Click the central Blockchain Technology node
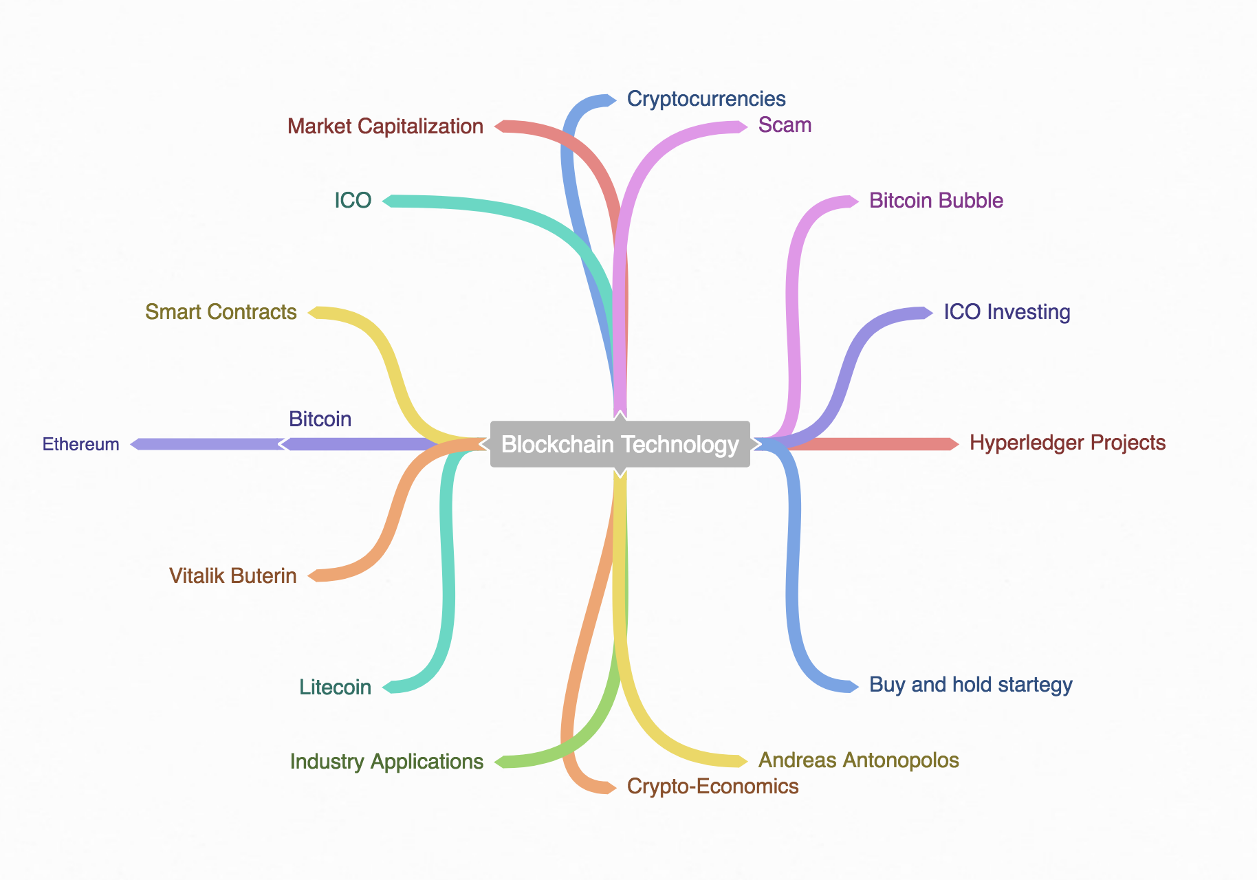[620, 444]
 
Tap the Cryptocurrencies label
[706, 99]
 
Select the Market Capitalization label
[385, 126]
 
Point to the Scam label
[785, 125]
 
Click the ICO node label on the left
[353, 201]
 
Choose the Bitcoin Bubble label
[936, 201]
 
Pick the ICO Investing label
[1007, 312]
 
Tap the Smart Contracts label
[221, 312]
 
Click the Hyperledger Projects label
[1067, 443]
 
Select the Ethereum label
[81, 444]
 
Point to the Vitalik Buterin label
[233, 576]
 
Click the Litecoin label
[335, 687]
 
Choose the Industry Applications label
[386, 762]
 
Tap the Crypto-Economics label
[712, 786]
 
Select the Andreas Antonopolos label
[858, 760]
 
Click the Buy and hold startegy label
[970, 685]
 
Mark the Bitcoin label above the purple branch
[320, 419]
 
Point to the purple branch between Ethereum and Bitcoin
[207, 444]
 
